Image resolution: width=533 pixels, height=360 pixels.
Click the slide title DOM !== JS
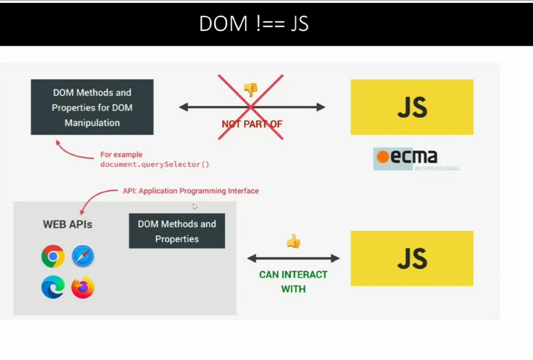point(254,24)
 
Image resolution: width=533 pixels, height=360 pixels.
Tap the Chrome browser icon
point(53,256)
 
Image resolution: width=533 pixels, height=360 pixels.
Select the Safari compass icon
point(83,256)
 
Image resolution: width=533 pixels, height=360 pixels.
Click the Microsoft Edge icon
point(53,287)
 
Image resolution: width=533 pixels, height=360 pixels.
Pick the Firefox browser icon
point(83,287)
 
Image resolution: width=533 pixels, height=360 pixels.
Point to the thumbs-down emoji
point(251,89)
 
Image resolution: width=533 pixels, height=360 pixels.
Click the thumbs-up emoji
point(293,241)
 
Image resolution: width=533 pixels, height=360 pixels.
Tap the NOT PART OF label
point(252,124)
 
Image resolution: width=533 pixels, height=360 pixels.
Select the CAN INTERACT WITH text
point(293,281)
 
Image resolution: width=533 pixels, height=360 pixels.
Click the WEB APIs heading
point(67,224)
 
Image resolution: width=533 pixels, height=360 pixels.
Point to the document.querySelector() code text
point(155,164)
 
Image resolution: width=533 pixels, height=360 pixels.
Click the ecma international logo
point(411,159)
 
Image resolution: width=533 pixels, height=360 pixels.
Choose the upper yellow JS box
point(412,107)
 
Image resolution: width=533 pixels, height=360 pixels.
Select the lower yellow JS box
point(412,258)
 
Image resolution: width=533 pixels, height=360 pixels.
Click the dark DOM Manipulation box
point(92,107)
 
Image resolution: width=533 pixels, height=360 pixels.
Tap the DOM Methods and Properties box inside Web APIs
point(177,231)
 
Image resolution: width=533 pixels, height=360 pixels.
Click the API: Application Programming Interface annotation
point(191,191)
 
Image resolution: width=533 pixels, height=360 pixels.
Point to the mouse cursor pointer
point(195,206)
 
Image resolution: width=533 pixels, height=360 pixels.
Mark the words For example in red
point(121,154)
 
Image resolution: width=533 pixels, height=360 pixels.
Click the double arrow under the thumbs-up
point(293,259)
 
